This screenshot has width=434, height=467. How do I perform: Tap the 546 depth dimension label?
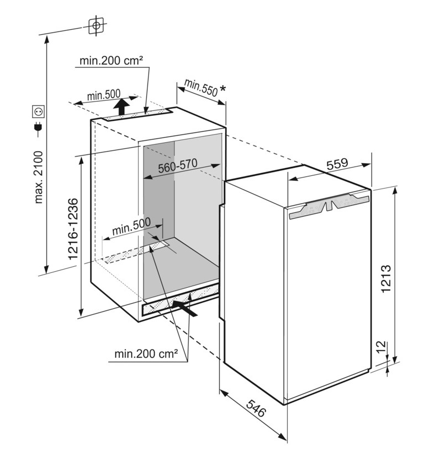[256, 409]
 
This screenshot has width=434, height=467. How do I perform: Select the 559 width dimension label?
[337, 164]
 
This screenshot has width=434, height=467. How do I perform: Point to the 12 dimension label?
[382, 347]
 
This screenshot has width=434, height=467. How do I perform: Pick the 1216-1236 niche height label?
[73, 229]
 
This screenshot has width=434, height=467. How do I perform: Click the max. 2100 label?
[39, 177]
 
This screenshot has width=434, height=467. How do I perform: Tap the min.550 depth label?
[201, 88]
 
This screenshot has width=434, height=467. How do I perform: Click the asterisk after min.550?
[223, 88]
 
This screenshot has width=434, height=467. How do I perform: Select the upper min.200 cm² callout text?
[111, 61]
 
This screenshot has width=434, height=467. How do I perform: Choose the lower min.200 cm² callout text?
[146, 354]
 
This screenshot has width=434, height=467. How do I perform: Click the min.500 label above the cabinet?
[104, 95]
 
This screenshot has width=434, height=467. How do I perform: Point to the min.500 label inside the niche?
[131, 227]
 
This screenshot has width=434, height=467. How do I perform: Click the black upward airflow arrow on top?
[122, 106]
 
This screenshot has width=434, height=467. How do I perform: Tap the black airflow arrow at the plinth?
[186, 308]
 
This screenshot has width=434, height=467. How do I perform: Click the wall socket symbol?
[39, 111]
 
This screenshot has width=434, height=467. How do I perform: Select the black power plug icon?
[39, 127]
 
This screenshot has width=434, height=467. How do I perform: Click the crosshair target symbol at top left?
[96, 25]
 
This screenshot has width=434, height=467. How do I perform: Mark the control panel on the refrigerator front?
[329, 206]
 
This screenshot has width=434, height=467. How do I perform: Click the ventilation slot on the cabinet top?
[138, 115]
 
